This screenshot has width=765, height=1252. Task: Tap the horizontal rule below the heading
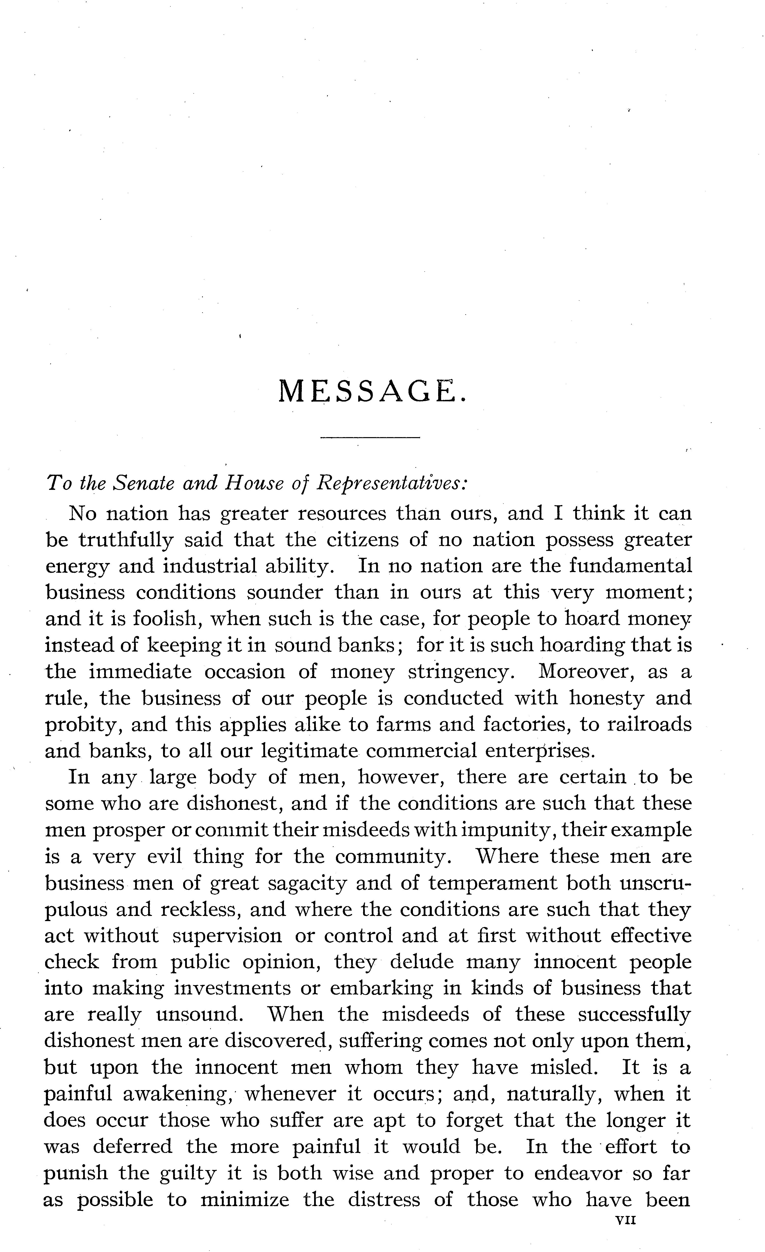click(370, 437)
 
